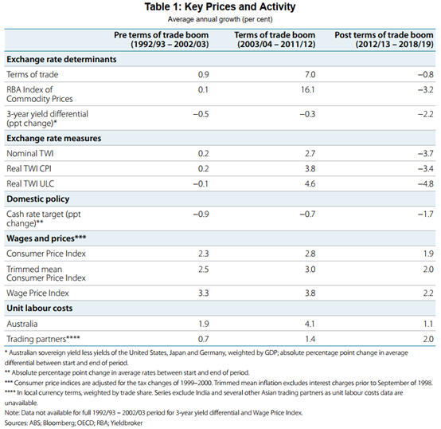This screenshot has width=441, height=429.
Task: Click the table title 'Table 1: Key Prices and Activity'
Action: pos(220,6)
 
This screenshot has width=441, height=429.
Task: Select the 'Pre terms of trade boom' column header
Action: pos(161,39)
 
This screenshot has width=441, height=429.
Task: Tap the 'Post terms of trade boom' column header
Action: pos(384,39)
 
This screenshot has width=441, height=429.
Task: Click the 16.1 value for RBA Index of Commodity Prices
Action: pos(308,89)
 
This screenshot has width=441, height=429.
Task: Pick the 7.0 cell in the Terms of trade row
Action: pos(310,74)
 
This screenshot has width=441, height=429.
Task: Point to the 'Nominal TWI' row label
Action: pos(30,153)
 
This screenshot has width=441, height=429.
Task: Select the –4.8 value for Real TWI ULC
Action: pos(426,183)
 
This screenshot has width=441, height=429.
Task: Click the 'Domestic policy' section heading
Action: pos(38,199)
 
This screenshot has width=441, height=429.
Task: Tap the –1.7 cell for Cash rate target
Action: pos(426,214)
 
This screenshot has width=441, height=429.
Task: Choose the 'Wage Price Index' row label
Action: pos(37,293)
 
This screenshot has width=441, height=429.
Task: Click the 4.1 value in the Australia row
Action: pos(310,324)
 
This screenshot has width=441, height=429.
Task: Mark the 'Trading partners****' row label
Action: pos(43,339)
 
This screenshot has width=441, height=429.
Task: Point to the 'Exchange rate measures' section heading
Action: pos(54,138)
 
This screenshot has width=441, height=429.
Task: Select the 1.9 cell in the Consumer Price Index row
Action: pos(428,254)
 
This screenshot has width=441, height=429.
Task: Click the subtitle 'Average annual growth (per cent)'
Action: pos(220,19)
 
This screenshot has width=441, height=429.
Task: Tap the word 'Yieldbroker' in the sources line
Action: pos(127,423)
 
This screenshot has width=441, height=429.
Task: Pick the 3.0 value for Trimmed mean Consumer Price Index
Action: pos(310,270)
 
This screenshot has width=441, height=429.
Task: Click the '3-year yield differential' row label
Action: pos(47,114)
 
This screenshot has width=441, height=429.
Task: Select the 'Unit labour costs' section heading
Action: pos(40,308)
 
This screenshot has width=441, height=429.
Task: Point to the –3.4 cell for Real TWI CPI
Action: pos(426,168)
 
